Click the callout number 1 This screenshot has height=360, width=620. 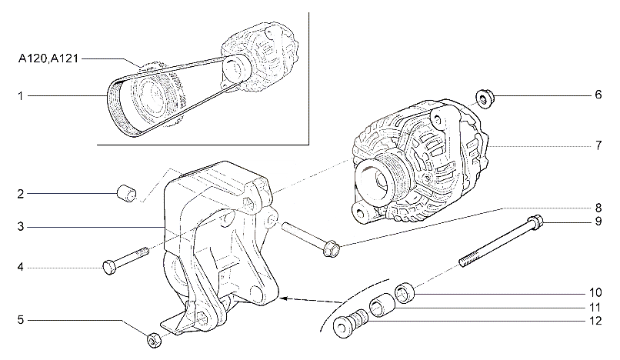[21, 95]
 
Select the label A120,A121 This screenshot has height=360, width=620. [48, 59]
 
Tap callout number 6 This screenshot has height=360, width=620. [598, 95]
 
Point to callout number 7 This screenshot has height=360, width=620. [598, 145]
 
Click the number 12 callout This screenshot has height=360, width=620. [595, 321]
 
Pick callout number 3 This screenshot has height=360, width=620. [21, 227]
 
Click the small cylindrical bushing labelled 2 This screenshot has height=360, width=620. [126, 193]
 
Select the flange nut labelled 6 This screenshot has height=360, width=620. [485, 98]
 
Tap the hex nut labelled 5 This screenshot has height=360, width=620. [154, 340]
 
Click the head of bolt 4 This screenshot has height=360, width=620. [108, 267]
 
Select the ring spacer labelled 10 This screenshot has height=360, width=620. [405, 293]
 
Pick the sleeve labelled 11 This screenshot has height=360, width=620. [382, 305]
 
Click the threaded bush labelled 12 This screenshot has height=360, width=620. [350, 322]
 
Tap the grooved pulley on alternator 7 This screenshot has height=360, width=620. [378, 181]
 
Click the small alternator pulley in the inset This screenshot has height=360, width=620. [236, 68]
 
